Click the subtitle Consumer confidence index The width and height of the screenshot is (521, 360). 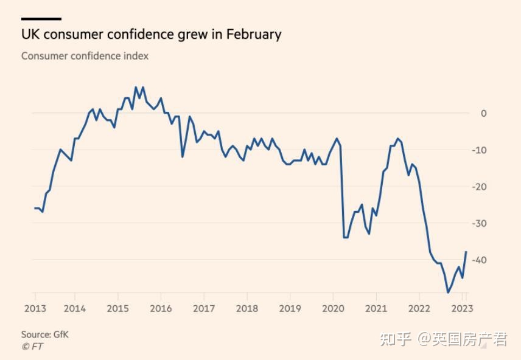(x=85, y=56)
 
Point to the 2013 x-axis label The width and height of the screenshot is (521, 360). (x=35, y=308)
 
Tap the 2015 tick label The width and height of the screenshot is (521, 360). (x=118, y=308)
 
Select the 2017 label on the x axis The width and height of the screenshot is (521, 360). (x=204, y=308)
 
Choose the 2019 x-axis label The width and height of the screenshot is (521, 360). (x=290, y=308)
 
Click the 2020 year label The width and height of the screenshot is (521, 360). (x=333, y=308)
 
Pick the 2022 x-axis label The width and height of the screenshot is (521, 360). (x=419, y=308)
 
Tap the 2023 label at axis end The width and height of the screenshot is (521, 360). (x=460, y=308)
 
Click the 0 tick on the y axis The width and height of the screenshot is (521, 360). (x=483, y=113)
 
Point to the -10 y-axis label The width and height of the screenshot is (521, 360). (x=480, y=150)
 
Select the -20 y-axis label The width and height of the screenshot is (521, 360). (x=480, y=187)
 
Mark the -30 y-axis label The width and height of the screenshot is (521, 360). (x=480, y=223)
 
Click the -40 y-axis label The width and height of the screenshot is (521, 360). (x=480, y=260)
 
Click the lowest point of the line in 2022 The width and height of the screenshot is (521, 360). (x=448, y=292)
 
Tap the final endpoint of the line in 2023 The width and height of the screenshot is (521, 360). (x=466, y=252)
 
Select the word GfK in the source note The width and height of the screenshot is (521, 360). (x=60, y=334)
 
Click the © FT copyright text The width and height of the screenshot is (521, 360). (x=32, y=347)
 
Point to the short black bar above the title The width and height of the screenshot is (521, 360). (x=41, y=19)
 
